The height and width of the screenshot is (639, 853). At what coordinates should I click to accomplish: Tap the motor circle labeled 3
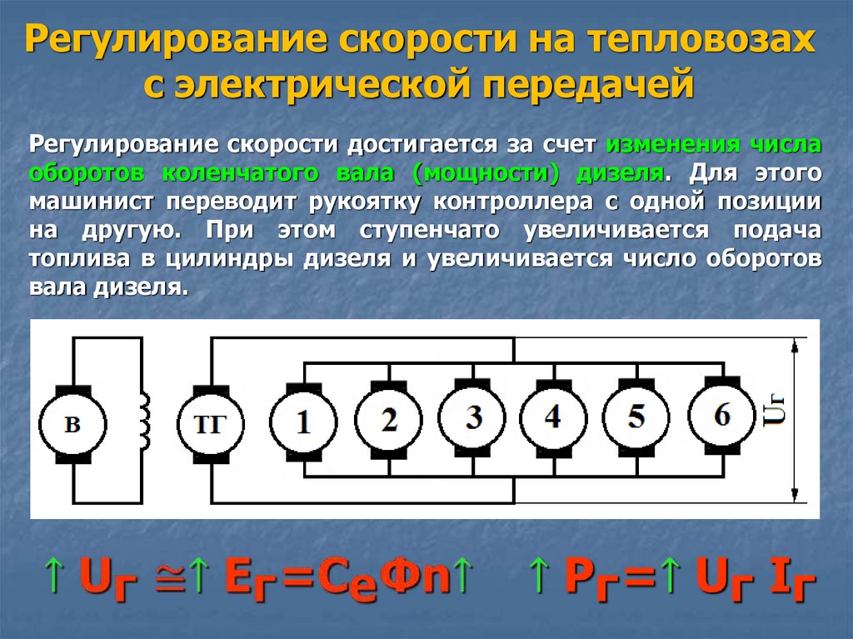473,417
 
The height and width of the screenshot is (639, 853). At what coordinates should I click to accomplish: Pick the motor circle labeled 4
552,416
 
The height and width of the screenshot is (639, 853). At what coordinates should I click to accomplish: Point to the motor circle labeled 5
636,416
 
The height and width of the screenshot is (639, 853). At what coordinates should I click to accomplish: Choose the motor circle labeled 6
721,414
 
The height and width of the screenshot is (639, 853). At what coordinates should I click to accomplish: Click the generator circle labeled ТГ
209,423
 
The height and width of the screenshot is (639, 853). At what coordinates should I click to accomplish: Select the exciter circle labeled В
73,423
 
